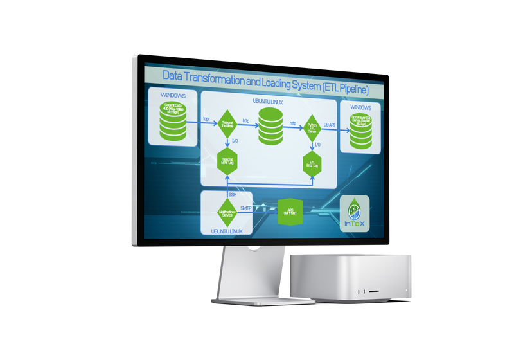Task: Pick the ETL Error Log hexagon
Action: click(312, 164)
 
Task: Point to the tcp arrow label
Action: click(206, 118)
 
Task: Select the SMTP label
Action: click(246, 208)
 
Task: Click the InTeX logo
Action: click(354, 213)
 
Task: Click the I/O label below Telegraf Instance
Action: click(235, 140)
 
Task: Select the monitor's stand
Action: click(247, 276)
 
